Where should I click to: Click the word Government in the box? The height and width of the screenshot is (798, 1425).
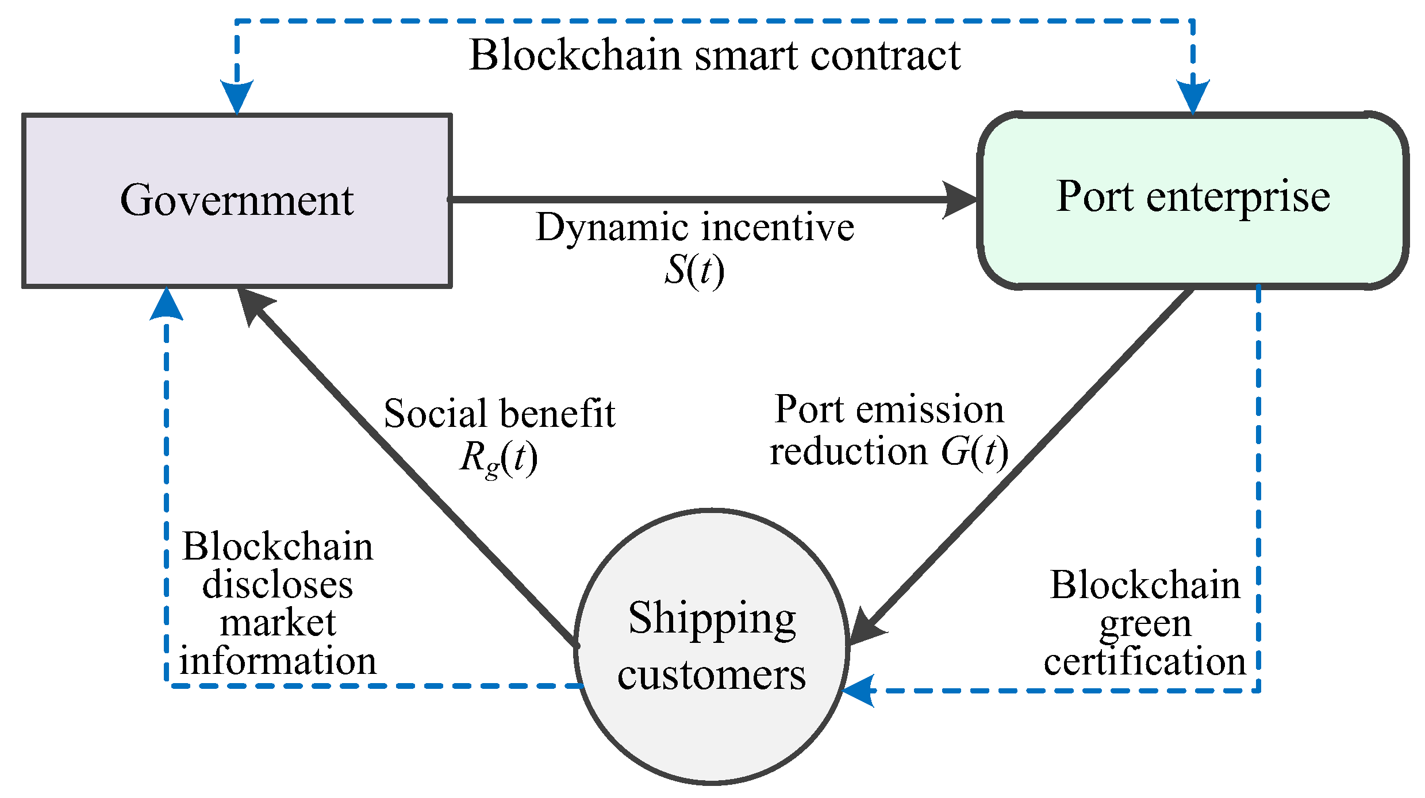tap(236, 201)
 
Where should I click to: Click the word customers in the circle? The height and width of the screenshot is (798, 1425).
tap(712, 675)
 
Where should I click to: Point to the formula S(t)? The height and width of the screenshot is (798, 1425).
tap(694, 271)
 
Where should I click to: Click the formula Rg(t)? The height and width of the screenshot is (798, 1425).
tap(498, 458)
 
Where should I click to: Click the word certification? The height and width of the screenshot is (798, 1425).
tap(1144, 661)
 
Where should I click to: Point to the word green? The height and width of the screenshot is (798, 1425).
tap(1145, 624)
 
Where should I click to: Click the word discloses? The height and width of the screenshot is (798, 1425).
tap(278, 585)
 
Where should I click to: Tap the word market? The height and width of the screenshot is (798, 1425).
tap(278, 623)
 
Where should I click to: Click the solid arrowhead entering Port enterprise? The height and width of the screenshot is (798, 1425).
tap(960, 200)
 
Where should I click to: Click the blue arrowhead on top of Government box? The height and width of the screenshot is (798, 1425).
tap(237, 96)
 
